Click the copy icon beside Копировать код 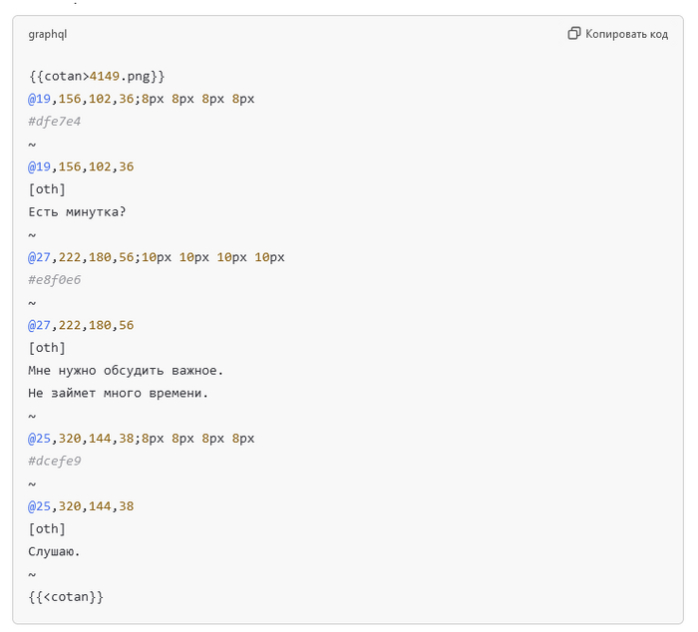pyautogui.click(x=574, y=34)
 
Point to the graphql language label pyautogui.click(x=48, y=34)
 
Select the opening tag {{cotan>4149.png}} pyautogui.click(x=97, y=76)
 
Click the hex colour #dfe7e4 pyautogui.click(x=55, y=122)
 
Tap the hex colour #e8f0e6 pyautogui.click(x=55, y=280)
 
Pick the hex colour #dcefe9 pyautogui.click(x=55, y=461)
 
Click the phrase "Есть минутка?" pyautogui.click(x=77, y=211)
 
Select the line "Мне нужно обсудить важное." pyautogui.click(x=126, y=370)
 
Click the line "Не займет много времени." pyautogui.click(x=119, y=393)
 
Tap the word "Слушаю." pyautogui.click(x=55, y=551)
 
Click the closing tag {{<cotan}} pyautogui.click(x=66, y=596)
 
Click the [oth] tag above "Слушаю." pyautogui.click(x=47, y=528)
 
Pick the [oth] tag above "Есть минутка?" pyautogui.click(x=47, y=189)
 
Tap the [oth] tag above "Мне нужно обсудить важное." pyautogui.click(x=47, y=348)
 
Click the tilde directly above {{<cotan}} pyautogui.click(x=32, y=574)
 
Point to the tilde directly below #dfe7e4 pyautogui.click(x=32, y=145)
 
